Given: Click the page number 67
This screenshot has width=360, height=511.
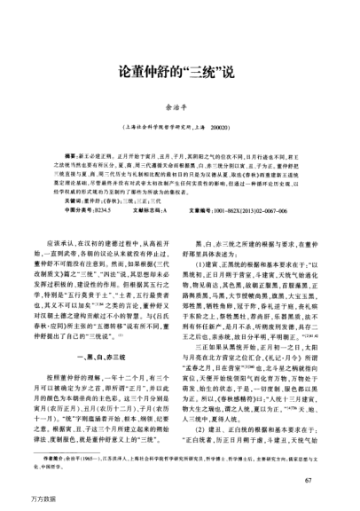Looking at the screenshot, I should [x=307, y=480].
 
